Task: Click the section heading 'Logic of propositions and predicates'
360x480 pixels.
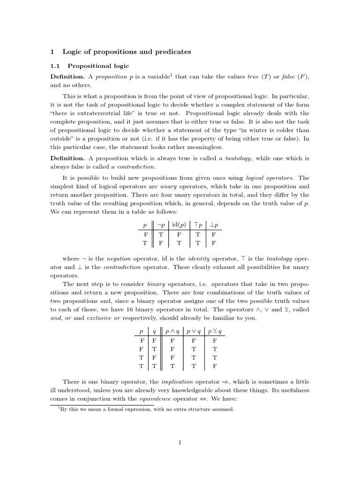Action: click(127, 52)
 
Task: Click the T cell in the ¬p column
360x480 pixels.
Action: click(160, 234)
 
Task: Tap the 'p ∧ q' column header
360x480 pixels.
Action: click(172, 331)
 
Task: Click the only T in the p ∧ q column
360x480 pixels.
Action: click(172, 366)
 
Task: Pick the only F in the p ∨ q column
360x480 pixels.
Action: click(193, 341)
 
